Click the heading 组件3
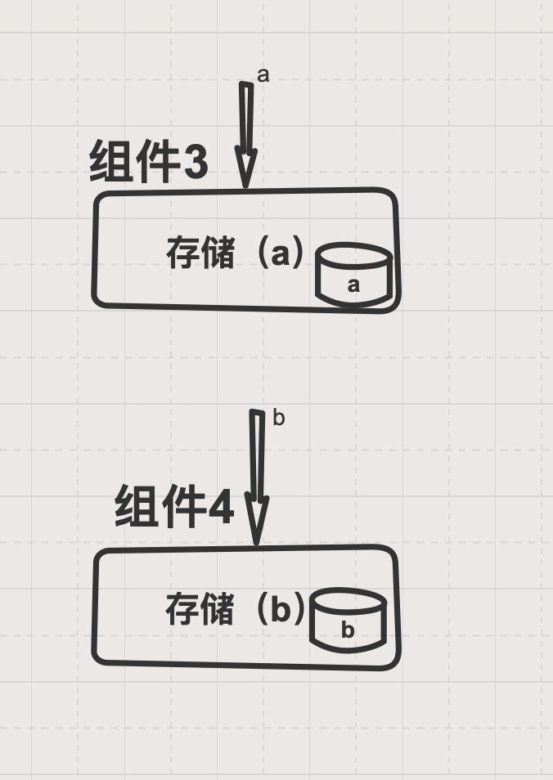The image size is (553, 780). coord(149,161)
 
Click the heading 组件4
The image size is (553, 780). coord(174,507)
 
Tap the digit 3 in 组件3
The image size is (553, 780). coord(196,162)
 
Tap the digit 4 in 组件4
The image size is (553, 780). coord(221,508)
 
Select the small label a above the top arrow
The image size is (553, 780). coord(263,75)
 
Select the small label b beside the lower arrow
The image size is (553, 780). coord(278,419)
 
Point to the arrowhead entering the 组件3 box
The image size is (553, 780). coord(245,168)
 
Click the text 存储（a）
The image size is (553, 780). coord(235,253)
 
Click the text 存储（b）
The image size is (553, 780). coord(235,609)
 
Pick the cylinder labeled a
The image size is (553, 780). coord(353,276)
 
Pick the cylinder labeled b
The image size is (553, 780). coord(348,621)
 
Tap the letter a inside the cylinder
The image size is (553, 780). coord(353,285)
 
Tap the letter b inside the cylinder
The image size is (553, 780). coord(348,630)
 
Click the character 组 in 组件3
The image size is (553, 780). coord(112,161)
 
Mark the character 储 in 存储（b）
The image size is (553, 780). coord(217,609)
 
